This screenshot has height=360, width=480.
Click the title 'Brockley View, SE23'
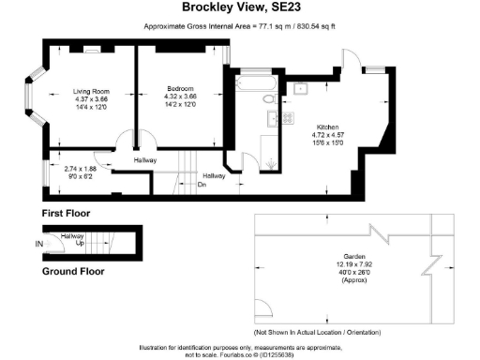click(x=239, y=8)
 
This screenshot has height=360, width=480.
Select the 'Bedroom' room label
click(x=180, y=88)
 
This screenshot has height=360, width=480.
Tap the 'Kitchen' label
click(x=327, y=126)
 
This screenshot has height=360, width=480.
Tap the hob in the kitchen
click(x=274, y=118)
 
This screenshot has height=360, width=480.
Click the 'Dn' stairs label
click(x=202, y=184)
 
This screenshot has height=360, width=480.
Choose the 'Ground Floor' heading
click(x=73, y=272)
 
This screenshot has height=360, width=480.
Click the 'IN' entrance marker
click(x=39, y=245)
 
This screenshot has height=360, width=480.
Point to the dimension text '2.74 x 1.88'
click(x=80, y=167)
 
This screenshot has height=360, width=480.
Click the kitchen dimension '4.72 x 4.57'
click(x=327, y=134)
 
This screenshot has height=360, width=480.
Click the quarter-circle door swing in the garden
click(x=263, y=310)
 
